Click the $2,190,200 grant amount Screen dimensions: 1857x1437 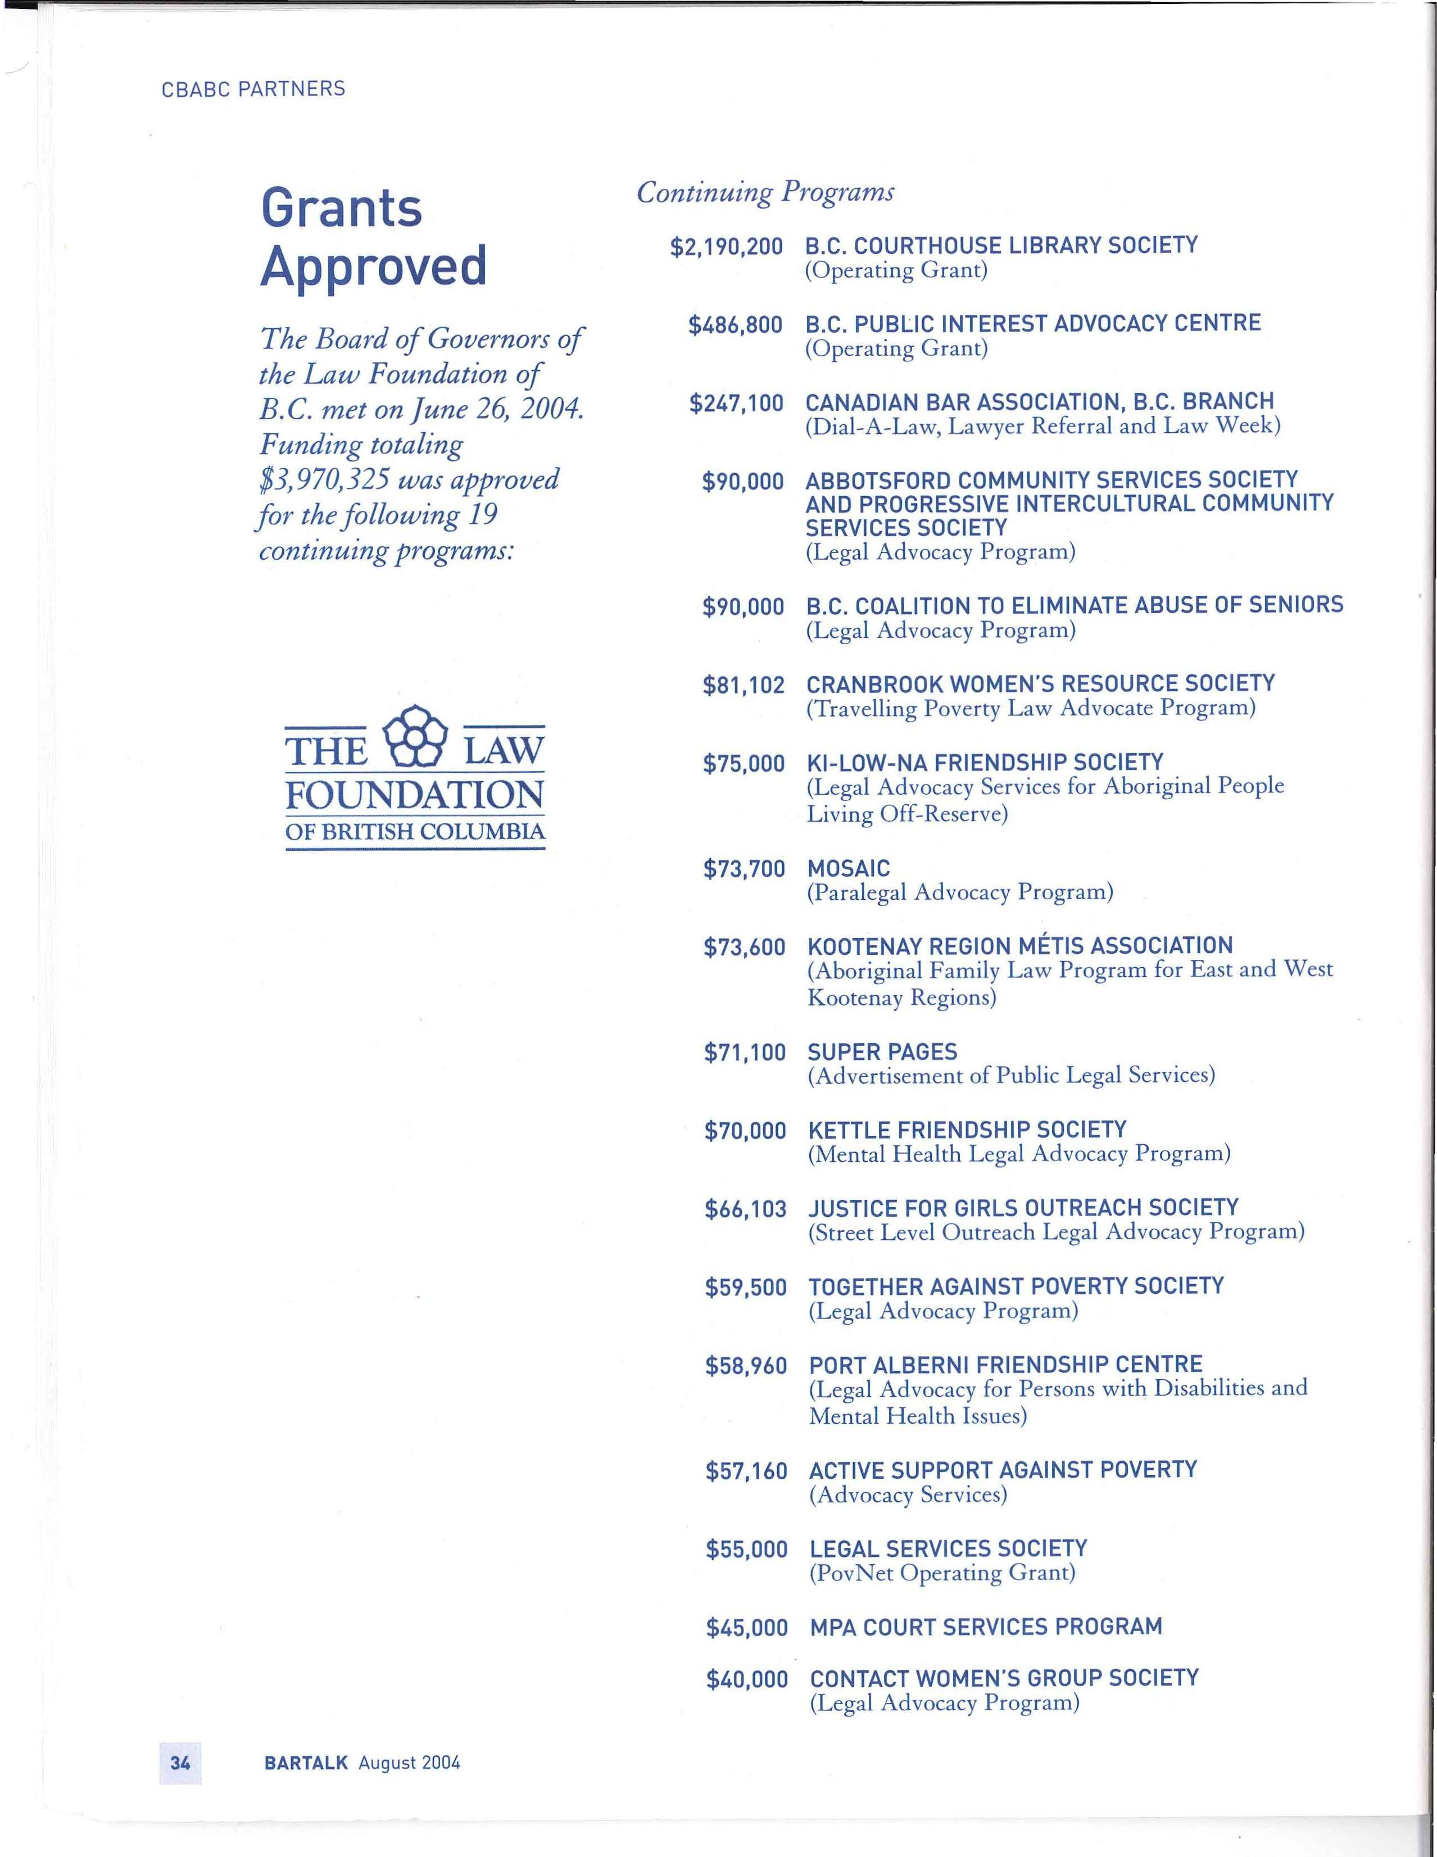coord(726,247)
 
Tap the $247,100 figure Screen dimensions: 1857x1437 coord(736,403)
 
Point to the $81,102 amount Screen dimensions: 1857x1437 coord(743,685)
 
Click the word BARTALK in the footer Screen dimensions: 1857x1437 coord(306,1763)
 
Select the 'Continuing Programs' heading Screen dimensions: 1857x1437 coord(765,193)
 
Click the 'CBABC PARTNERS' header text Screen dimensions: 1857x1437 coord(253,89)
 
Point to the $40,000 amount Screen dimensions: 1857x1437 coord(746,1679)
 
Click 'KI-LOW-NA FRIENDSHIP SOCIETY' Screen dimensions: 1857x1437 coord(985,763)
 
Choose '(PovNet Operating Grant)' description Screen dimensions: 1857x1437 coord(942,1574)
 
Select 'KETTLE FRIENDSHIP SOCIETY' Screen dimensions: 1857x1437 coord(967,1130)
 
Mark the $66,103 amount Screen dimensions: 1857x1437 coord(745,1209)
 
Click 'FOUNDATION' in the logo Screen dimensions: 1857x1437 coord(414,796)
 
